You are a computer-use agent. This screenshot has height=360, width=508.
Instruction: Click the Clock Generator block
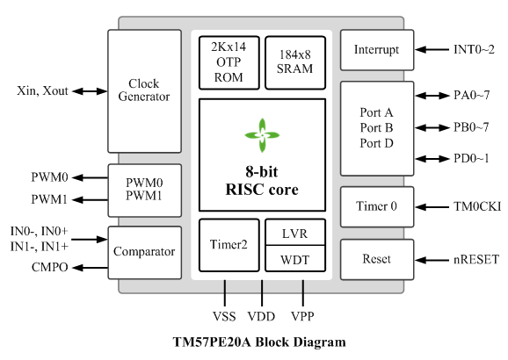(144, 91)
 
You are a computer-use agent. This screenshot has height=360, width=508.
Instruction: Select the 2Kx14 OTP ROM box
(229, 62)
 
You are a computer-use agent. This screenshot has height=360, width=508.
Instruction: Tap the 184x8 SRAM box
(295, 62)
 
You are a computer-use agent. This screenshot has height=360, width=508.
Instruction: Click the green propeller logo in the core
(262, 135)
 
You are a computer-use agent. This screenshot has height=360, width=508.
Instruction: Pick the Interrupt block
(377, 50)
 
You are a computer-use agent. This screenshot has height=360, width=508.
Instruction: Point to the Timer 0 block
(377, 206)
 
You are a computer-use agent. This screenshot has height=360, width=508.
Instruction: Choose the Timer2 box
(229, 245)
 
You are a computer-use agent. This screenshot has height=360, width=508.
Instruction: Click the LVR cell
(295, 232)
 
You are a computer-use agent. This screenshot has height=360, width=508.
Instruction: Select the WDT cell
(295, 259)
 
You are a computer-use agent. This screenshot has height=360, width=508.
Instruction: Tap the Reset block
(377, 259)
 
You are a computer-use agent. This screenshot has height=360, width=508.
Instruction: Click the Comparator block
(144, 253)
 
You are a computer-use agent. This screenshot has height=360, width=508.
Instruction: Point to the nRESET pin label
(476, 259)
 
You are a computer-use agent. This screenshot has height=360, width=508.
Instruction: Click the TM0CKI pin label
(477, 206)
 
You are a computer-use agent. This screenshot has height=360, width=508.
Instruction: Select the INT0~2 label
(474, 49)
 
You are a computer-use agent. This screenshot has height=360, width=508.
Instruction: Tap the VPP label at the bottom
(302, 316)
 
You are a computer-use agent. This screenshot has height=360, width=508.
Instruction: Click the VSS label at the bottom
(224, 316)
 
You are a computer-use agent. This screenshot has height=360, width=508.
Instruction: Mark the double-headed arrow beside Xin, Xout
(90, 91)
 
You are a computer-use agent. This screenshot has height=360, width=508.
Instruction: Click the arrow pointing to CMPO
(90, 268)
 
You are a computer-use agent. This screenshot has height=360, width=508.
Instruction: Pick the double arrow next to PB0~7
(432, 128)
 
